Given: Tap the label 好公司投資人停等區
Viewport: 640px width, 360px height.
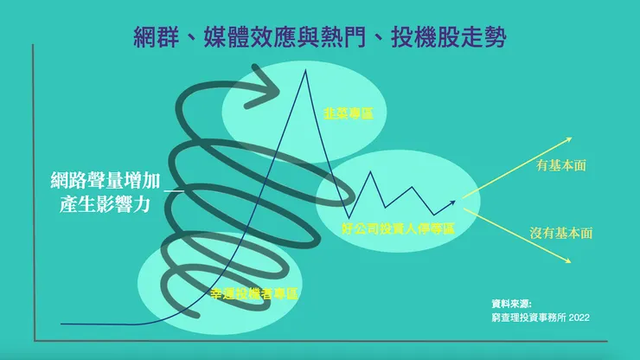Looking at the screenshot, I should tap(398, 228).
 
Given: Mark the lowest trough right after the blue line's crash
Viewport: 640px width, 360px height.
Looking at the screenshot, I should tap(349, 216).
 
